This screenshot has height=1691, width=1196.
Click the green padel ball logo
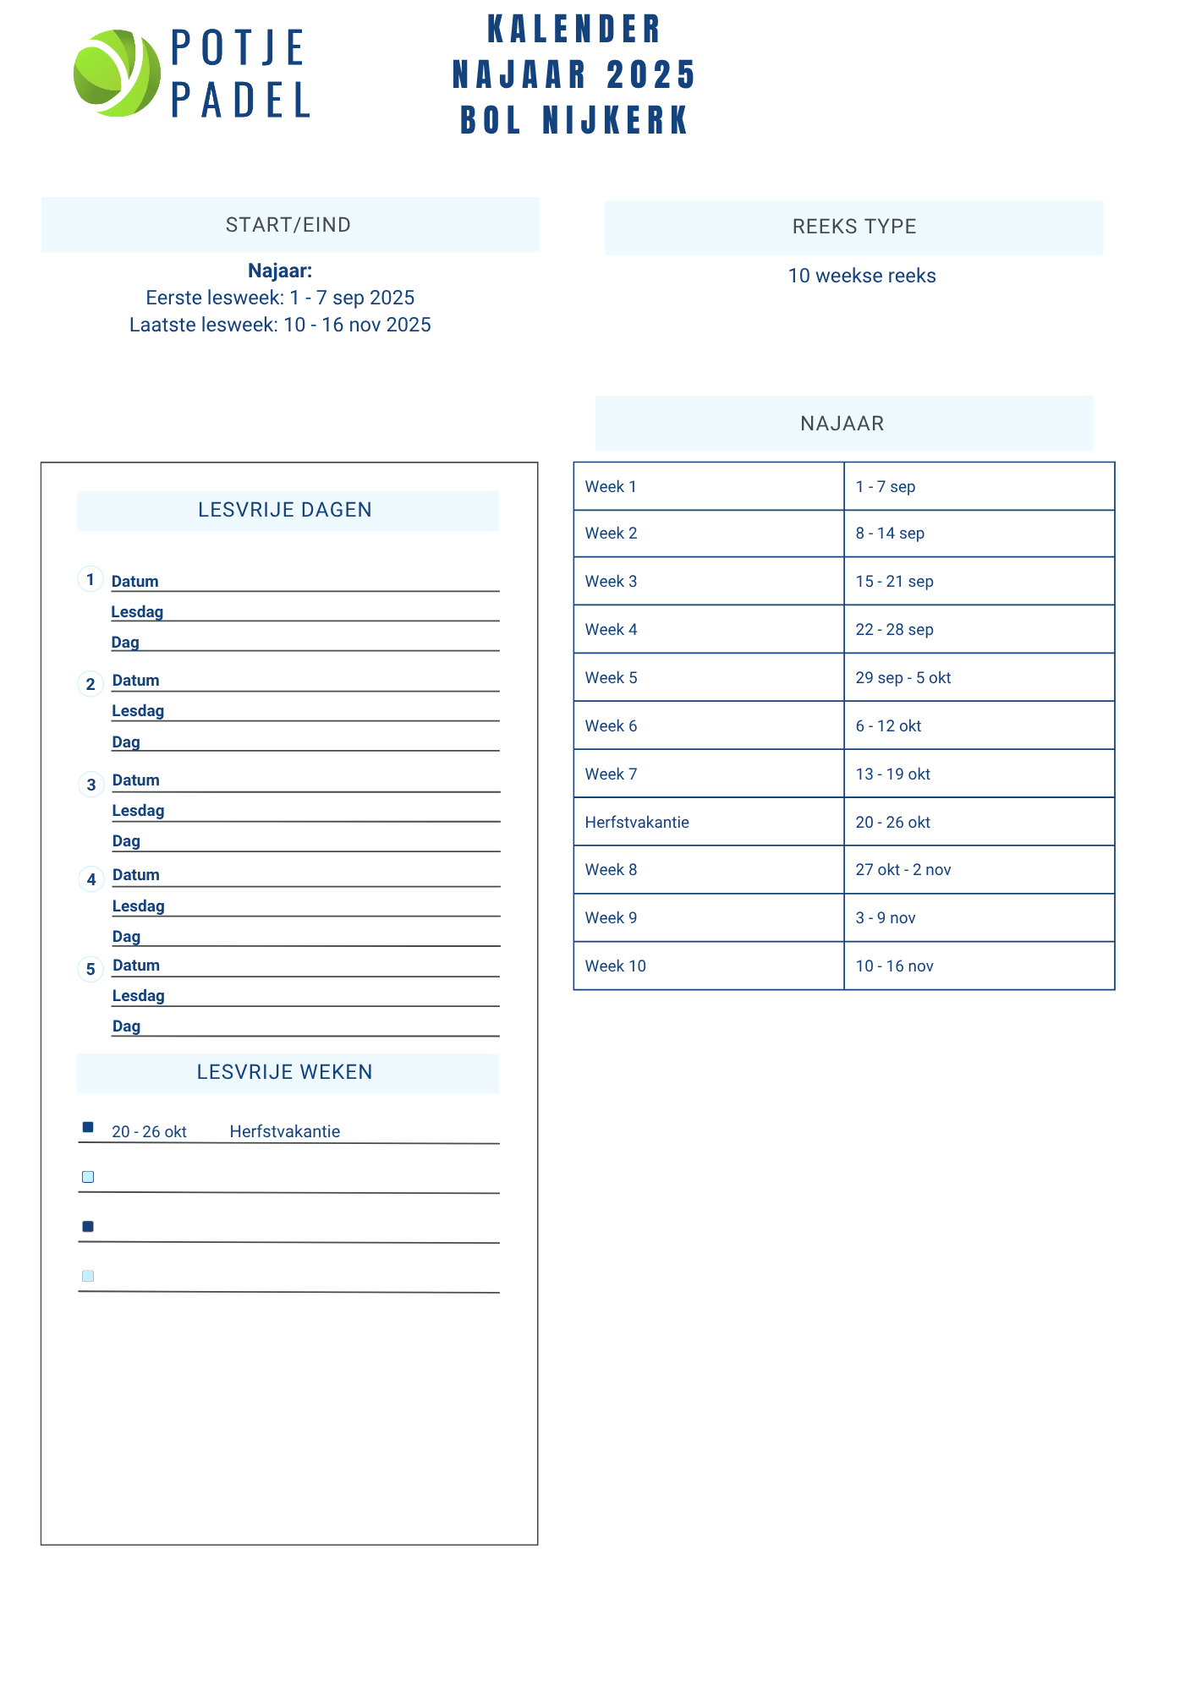click(117, 74)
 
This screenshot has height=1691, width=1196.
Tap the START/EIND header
click(288, 225)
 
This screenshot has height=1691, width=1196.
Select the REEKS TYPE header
click(854, 227)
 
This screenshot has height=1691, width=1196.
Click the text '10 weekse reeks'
click(862, 276)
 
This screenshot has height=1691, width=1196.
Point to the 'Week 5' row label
click(612, 678)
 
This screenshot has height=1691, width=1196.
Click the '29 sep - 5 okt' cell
click(903, 678)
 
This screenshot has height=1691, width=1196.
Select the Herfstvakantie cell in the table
click(637, 823)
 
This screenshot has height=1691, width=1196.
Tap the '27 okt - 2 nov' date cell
click(903, 870)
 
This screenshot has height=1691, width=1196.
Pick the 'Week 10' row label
click(616, 966)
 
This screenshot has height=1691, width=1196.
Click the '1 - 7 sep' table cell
click(886, 487)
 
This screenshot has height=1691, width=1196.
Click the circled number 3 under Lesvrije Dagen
click(91, 785)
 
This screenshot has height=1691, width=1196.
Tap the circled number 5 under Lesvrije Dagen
click(91, 970)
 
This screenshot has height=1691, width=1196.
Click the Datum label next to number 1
click(135, 582)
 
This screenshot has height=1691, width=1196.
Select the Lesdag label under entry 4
click(139, 906)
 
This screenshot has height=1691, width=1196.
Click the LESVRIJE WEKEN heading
click(285, 1072)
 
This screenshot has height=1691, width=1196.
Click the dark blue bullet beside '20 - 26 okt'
click(88, 1127)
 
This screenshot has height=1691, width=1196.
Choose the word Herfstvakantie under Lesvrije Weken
click(285, 1132)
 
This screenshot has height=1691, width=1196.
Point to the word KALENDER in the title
click(574, 30)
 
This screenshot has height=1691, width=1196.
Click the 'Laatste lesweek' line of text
click(280, 326)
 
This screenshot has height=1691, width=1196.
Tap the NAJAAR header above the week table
click(842, 424)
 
